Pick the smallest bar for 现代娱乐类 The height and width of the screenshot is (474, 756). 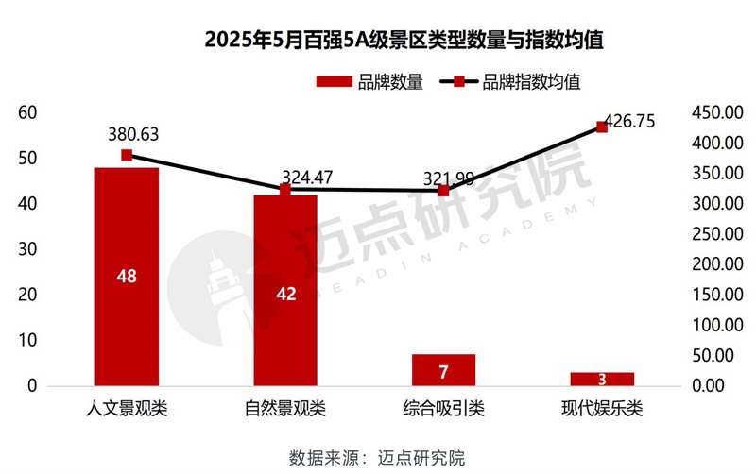pos(602,379)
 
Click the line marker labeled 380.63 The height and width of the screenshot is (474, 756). pos(127,155)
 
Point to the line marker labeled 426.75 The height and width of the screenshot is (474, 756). pos(602,127)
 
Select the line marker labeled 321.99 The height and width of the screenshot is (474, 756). pos(443,190)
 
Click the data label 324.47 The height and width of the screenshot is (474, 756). pos(313,177)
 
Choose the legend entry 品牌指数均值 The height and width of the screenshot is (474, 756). pos(510,82)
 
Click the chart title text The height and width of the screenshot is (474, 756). pos(377,42)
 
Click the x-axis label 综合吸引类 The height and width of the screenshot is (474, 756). pos(443,410)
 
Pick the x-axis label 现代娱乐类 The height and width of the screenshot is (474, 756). pos(602,410)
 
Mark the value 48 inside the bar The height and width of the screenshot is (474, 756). pos(127,276)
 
